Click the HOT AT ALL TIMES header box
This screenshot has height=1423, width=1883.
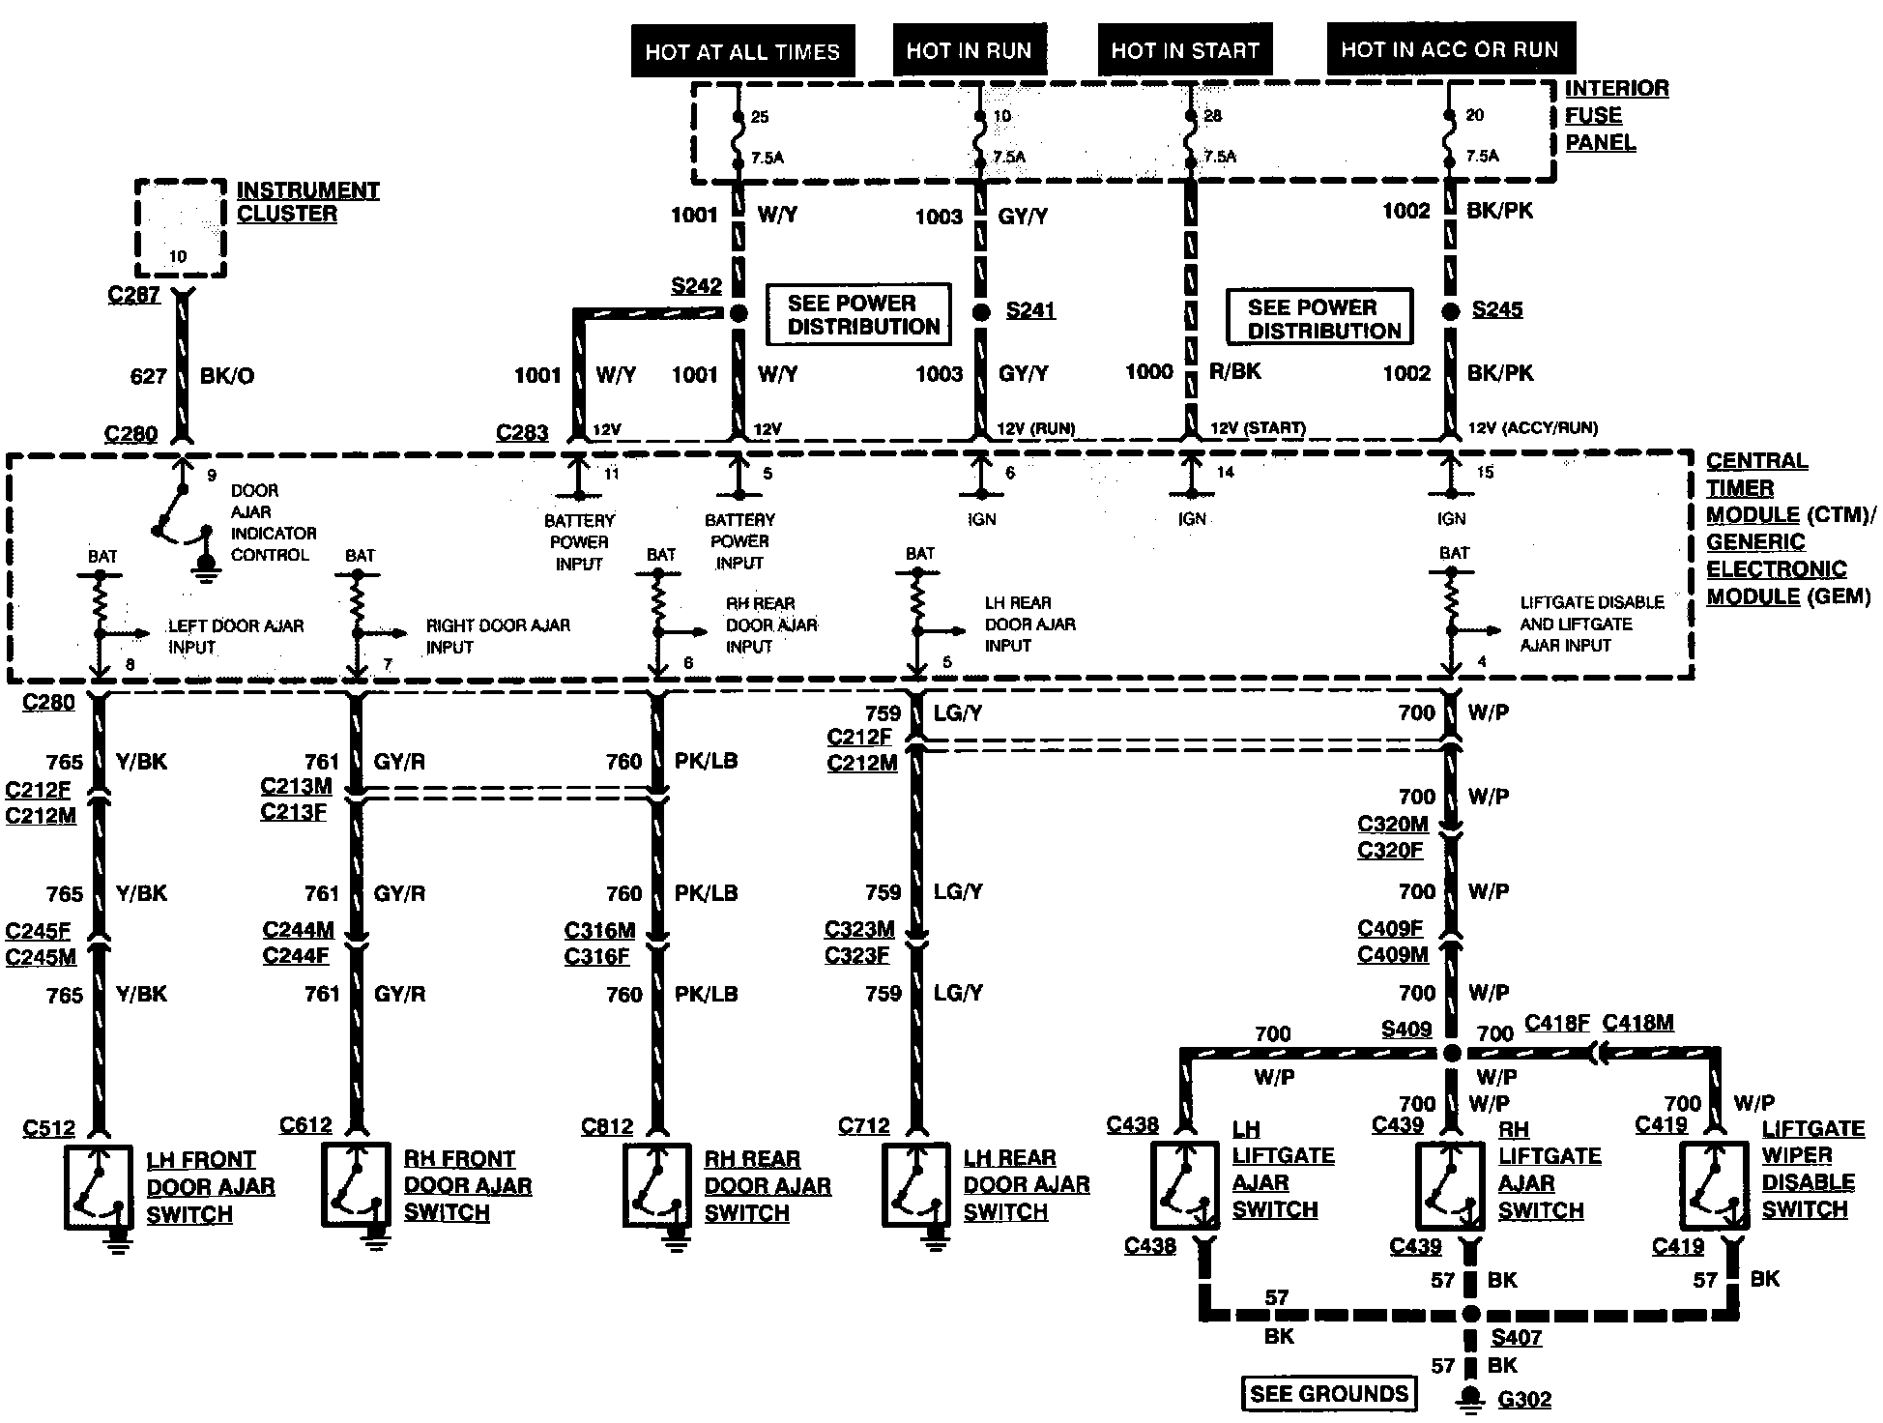click(742, 51)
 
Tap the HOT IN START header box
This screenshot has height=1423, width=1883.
click(1184, 50)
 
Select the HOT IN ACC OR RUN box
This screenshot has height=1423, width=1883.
click(1449, 49)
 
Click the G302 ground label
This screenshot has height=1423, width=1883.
click(1524, 1399)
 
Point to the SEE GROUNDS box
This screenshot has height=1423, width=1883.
click(1328, 1393)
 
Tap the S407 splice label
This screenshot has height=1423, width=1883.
click(1517, 1338)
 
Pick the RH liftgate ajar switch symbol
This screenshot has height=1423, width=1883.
click(1450, 1185)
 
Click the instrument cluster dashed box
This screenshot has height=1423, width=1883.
click(180, 228)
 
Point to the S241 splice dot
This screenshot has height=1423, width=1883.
click(981, 311)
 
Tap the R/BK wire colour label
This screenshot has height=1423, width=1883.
click(1235, 371)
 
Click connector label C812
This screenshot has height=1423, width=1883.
click(607, 1126)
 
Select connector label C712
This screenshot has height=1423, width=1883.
click(863, 1125)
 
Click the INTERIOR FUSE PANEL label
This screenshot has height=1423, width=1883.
click(1616, 115)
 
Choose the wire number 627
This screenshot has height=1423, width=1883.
click(148, 376)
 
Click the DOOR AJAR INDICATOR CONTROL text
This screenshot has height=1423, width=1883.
click(273, 523)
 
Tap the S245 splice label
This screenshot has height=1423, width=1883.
click(1497, 309)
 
